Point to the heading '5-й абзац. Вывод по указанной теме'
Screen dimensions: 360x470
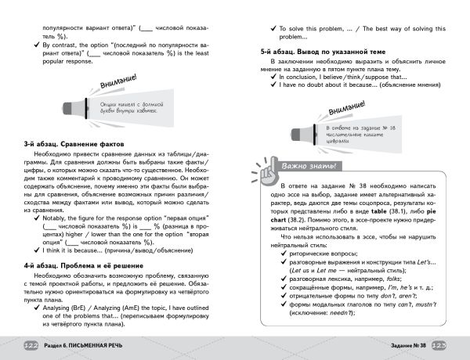point(310,50)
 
